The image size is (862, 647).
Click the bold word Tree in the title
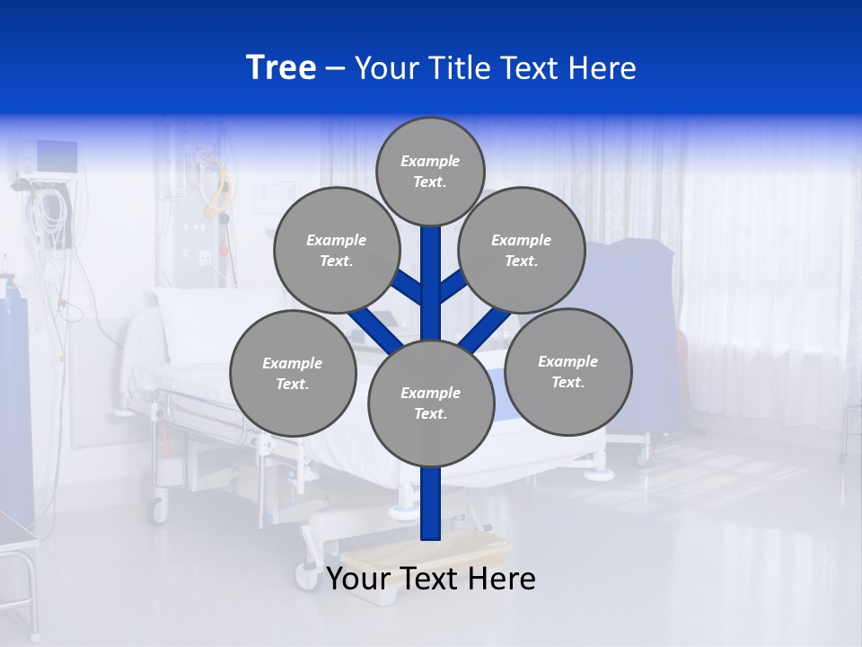(281, 67)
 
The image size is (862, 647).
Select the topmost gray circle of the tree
(430, 171)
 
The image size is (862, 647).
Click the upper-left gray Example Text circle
(336, 250)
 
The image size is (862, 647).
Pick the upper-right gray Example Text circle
(522, 250)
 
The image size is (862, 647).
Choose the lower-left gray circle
(293, 373)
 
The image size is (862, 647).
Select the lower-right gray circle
(567, 371)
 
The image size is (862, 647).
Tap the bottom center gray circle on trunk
(431, 403)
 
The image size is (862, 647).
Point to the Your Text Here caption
(431, 579)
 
